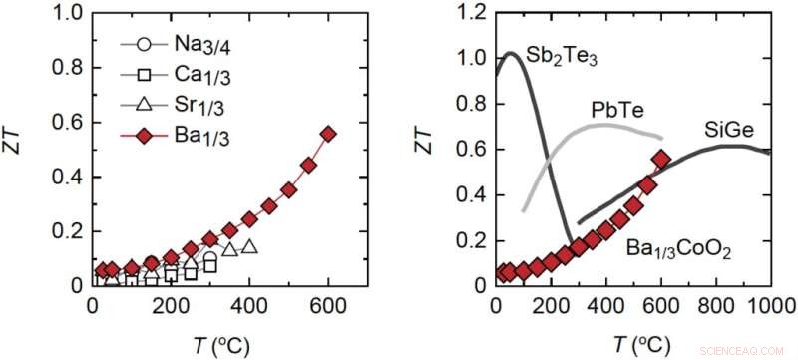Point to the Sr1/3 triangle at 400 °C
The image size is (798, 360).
[249, 246]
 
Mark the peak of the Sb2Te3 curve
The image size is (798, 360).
[509, 53]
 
